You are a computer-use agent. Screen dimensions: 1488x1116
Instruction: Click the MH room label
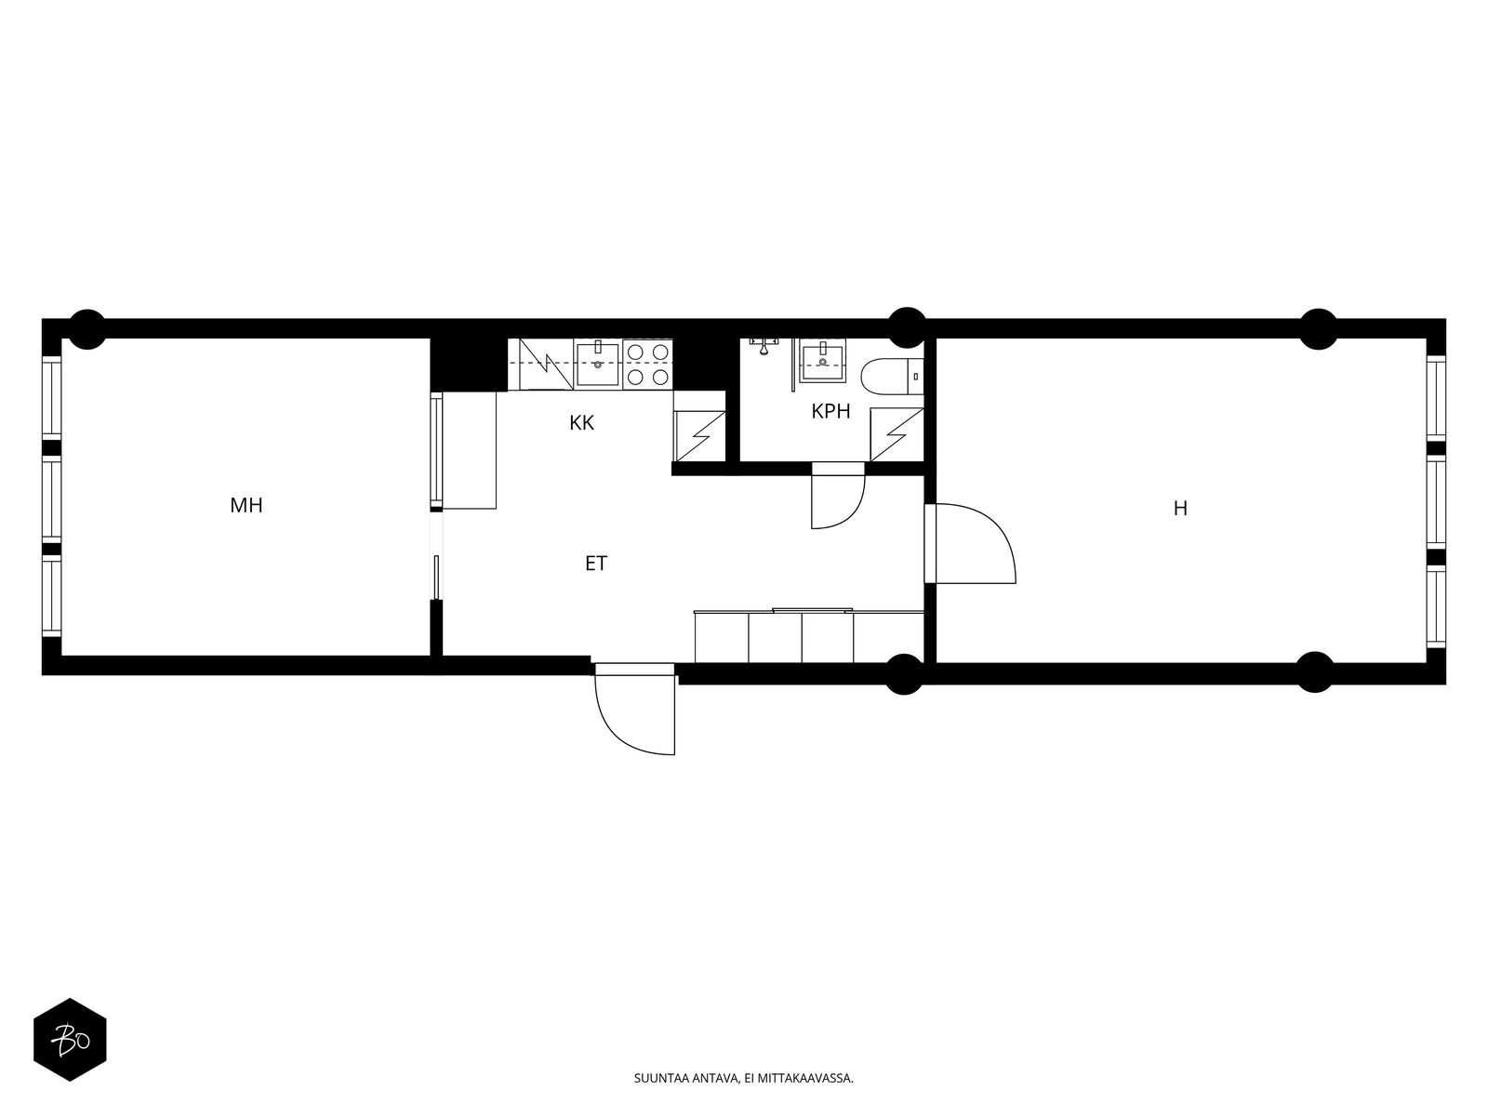pos(246,506)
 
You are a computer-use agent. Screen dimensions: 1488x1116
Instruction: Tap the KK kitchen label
pos(581,423)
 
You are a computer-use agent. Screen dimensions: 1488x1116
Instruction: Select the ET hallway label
pos(596,563)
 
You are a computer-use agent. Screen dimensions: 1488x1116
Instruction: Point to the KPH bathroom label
pos(830,411)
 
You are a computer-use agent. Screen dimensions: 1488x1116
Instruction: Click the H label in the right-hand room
pos(1180,508)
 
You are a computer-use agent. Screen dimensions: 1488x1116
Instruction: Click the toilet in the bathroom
pos(892,376)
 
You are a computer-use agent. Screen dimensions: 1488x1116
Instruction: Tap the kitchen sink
pos(597,364)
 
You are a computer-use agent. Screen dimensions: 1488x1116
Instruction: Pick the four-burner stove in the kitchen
pos(647,364)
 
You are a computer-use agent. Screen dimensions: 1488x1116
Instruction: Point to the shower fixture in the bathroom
pos(764,346)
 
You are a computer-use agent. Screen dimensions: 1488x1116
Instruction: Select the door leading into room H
pos(969,543)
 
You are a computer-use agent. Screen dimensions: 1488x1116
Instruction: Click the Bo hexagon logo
pos(71,1040)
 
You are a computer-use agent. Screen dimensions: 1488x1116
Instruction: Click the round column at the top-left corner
pos(87,329)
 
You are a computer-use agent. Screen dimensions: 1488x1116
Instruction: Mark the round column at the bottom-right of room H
pos(1314,672)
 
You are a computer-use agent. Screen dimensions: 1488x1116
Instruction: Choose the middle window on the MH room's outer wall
pos(51,498)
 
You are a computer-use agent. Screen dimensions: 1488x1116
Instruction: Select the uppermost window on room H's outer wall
pos(1436,398)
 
